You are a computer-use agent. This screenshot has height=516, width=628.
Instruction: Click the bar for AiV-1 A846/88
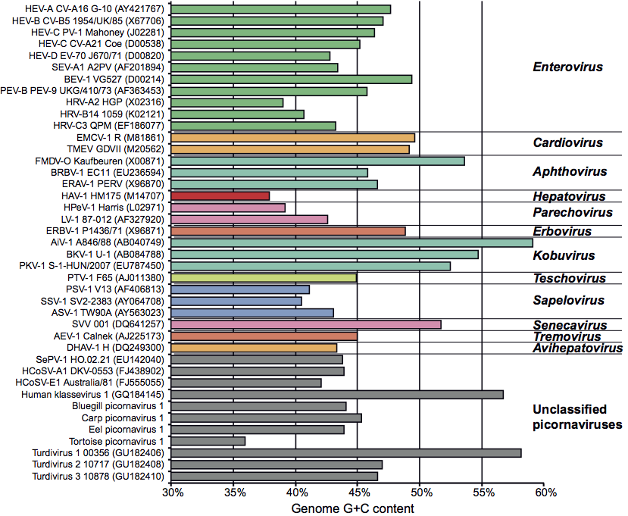pyautogui.click(x=352, y=242)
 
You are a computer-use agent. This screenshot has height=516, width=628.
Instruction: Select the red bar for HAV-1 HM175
pyautogui.click(x=220, y=195)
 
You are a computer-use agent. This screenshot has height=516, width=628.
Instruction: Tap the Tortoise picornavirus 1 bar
pyautogui.click(x=208, y=441)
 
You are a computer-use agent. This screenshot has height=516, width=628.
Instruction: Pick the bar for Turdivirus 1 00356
pyautogui.click(x=346, y=453)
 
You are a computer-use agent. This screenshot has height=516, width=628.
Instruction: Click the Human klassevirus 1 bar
pyautogui.click(x=337, y=394)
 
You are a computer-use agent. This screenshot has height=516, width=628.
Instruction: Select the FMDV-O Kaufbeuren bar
pyautogui.click(x=318, y=161)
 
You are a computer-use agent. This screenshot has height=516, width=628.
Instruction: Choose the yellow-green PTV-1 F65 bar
pyautogui.click(x=264, y=277)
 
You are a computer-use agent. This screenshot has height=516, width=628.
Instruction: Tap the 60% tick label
pyautogui.click(x=545, y=493)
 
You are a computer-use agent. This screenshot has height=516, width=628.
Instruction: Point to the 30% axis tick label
pyautogui.click(x=172, y=493)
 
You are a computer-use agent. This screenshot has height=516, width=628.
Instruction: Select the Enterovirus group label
pyautogui.click(x=567, y=67)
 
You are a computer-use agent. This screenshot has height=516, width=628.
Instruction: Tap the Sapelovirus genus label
pyautogui.click(x=567, y=300)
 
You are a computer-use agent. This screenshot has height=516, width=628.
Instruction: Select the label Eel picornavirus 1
pyautogui.click(x=127, y=430)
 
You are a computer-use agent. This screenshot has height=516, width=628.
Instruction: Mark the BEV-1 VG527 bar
pyautogui.click(x=292, y=79)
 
